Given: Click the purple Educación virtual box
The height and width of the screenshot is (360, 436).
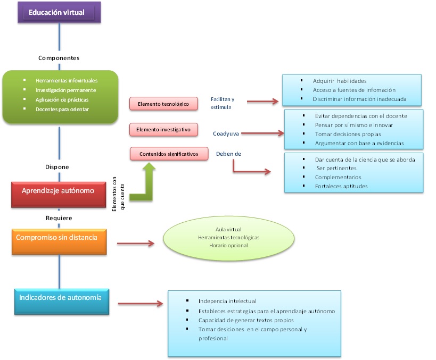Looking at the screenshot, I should (57, 12).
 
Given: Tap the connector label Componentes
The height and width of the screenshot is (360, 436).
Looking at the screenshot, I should (59, 57).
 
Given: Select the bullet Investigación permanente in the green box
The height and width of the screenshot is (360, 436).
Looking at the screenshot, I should (65, 90).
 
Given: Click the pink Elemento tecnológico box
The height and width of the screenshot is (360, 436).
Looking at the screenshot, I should (163, 104).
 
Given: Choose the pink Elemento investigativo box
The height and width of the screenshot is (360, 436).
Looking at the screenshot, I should (163, 129).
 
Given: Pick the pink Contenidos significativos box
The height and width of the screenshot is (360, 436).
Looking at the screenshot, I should (169, 154).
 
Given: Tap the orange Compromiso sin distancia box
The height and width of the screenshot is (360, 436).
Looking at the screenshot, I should (57, 238).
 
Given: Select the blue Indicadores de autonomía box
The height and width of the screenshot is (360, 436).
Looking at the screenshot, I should (60, 298).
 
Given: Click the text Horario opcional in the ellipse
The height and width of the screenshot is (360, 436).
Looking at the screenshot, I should (228, 245).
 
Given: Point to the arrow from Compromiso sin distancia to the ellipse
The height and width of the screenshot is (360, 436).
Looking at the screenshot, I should (135, 244).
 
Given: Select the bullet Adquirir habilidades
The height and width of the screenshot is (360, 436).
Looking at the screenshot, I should (340, 81).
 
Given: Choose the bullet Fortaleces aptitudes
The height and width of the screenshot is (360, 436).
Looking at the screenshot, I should (341, 186).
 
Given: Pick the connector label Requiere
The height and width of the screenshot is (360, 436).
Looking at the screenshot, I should (59, 217).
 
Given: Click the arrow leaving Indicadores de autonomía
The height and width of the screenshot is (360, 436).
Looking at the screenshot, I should (140, 304).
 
